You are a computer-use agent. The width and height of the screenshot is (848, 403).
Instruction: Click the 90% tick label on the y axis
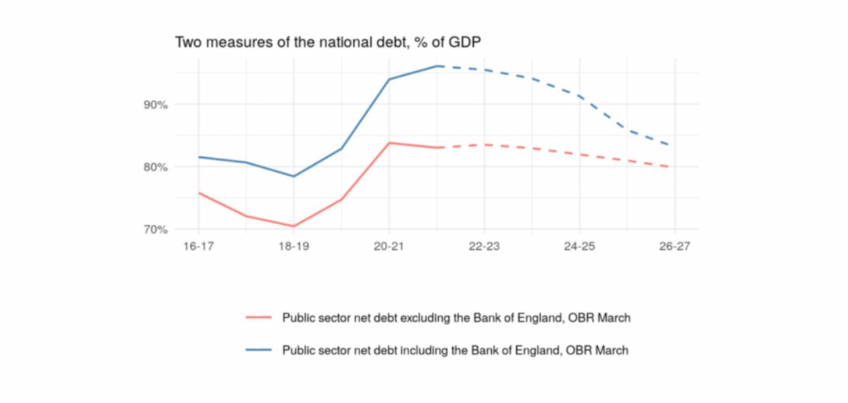pyautogui.click(x=154, y=105)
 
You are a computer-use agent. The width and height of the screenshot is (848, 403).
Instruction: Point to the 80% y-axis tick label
pyautogui.click(x=154, y=167)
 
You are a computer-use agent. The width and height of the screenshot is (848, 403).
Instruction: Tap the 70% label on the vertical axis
pyautogui.click(x=154, y=229)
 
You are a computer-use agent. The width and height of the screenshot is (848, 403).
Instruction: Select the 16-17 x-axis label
pyautogui.click(x=198, y=247)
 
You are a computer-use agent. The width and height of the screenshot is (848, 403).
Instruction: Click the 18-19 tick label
pyautogui.click(x=294, y=247)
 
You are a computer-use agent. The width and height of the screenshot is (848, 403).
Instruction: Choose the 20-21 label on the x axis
pyautogui.click(x=389, y=247)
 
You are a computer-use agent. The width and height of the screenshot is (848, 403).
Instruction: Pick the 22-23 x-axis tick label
pyautogui.click(x=484, y=247)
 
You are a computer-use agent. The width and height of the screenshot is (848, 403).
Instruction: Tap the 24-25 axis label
pyautogui.click(x=579, y=247)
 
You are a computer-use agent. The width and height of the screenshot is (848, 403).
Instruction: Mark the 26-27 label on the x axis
pyautogui.click(x=675, y=247)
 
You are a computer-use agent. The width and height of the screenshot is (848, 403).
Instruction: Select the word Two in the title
pyautogui.click(x=187, y=42)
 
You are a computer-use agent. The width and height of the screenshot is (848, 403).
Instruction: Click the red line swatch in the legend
pyautogui.click(x=259, y=318)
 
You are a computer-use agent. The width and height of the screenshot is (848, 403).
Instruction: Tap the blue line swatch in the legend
pyautogui.click(x=259, y=350)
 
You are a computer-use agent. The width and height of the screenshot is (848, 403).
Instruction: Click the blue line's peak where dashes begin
pyautogui.click(x=437, y=66)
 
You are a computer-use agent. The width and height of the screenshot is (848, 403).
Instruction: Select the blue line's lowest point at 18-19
pyautogui.click(x=294, y=176)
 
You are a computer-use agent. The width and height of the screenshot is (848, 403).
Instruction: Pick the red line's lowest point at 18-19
pyautogui.click(x=294, y=226)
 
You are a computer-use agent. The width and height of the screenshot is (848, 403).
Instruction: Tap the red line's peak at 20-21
pyautogui.click(x=390, y=142)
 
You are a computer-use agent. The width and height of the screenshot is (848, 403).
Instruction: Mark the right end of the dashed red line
pyautogui.click(x=669, y=167)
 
